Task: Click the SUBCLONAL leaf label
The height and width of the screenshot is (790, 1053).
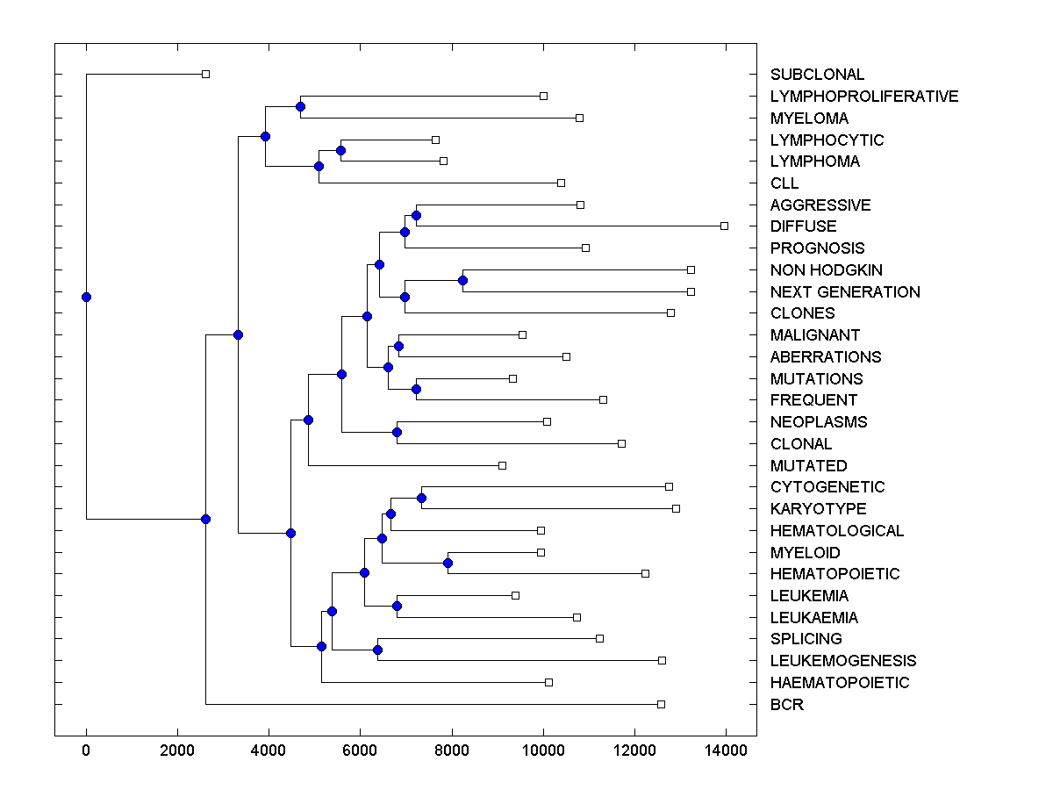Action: click(x=817, y=75)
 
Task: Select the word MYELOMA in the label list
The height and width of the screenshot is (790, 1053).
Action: click(x=809, y=118)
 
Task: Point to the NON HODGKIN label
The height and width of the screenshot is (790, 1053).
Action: click(x=826, y=270)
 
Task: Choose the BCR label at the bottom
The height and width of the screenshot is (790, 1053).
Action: click(x=786, y=705)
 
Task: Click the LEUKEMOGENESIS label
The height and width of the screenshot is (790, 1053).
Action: click(x=842, y=661)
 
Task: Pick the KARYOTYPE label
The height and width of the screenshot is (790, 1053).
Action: click(x=818, y=509)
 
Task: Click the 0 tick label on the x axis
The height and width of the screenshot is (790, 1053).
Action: click(x=86, y=750)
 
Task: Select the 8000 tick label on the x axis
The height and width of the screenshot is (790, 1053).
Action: click(x=452, y=750)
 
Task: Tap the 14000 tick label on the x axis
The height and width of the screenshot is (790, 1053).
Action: click(x=726, y=750)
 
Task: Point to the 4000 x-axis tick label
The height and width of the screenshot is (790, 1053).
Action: click(x=269, y=750)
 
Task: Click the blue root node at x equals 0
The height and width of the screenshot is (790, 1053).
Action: click(x=86, y=297)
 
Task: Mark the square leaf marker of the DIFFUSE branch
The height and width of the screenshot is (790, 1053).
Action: click(x=724, y=226)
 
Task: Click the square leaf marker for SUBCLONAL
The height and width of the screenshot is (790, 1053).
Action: click(x=205, y=74)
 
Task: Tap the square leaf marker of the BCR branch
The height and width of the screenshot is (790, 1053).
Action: click(x=661, y=704)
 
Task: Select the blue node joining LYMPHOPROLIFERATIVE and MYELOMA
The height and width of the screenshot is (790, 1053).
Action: click(x=300, y=106)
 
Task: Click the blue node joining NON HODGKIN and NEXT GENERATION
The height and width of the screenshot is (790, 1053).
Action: click(x=462, y=280)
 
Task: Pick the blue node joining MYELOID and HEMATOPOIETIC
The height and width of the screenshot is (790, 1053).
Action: click(x=448, y=563)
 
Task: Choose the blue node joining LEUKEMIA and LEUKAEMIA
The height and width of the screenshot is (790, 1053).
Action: click(x=397, y=606)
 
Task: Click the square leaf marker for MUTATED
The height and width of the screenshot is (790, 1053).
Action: click(x=502, y=465)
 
